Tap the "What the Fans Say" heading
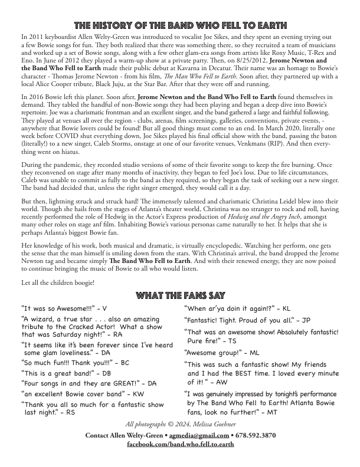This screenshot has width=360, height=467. point(179,295)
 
